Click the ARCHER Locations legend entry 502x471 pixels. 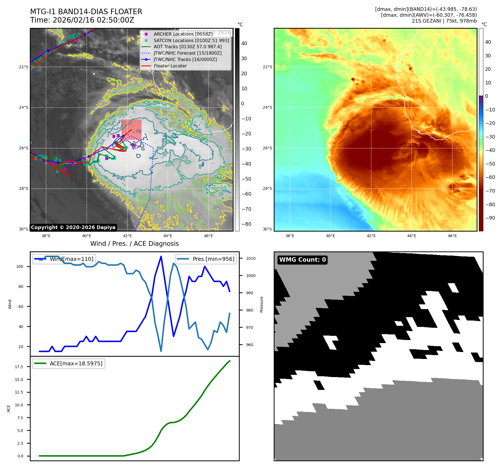[183, 34]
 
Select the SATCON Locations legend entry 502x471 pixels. [191, 40]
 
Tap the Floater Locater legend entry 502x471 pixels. [170, 66]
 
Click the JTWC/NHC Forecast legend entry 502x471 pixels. [188, 53]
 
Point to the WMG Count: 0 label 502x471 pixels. [302, 260]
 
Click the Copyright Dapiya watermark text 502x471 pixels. [73, 227]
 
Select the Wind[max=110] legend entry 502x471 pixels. [71, 259]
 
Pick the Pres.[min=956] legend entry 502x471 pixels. [213, 259]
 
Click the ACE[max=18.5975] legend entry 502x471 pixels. [76, 363]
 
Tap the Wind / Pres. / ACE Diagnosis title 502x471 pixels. [134, 244]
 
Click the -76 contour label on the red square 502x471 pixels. [137, 132]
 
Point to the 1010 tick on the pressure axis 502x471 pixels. [251, 258]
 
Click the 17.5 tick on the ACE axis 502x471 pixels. [19, 367]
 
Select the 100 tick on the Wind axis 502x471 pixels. [20, 266]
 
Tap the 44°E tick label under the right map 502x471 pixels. [411, 236]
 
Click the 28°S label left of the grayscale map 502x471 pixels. [24, 189]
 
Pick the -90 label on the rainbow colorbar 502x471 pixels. [490, 218]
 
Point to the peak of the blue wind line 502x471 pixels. [161, 256]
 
